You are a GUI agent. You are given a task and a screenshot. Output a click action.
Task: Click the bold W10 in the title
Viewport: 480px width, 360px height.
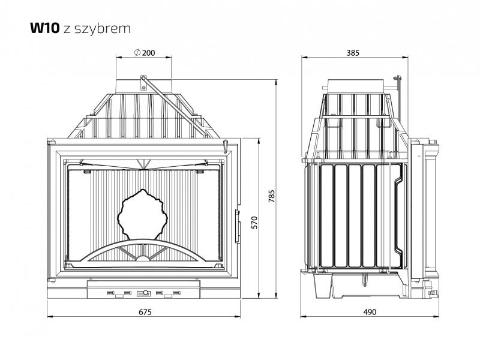[x=44, y=28]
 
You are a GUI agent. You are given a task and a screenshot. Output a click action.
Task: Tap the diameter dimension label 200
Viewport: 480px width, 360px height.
[x=148, y=53]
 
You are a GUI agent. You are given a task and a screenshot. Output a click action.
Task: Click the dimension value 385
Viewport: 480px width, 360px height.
[x=353, y=53]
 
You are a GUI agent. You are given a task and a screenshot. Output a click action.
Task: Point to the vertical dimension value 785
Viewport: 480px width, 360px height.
[x=272, y=196]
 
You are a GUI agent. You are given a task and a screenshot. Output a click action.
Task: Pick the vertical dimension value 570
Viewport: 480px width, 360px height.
[x=254, y=223]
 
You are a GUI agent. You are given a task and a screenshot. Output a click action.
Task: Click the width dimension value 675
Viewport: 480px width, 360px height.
[x=145, y=312]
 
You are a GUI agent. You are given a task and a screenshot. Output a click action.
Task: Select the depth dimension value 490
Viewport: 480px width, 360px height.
[x=370, y=312]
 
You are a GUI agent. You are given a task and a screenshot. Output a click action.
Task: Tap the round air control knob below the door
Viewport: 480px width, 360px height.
[x=146, y=292]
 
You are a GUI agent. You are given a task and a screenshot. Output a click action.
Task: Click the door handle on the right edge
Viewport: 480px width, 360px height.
[x=237, y=227]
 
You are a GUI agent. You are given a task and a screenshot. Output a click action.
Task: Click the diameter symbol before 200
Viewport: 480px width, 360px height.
[x=137, y=53]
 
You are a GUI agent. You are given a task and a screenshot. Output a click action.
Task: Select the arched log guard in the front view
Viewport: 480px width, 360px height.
[x=143, y=251]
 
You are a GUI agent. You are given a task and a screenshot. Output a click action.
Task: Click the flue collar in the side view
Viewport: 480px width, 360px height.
[x=355, y=86]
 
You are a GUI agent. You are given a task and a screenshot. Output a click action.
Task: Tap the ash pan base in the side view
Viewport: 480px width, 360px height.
[x=362, y=284]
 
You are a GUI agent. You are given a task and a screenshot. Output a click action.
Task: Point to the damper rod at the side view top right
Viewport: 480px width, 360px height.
[x=398, y=83]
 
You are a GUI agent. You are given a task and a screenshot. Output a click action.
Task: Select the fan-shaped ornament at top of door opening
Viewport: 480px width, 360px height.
[x=143, y=164]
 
